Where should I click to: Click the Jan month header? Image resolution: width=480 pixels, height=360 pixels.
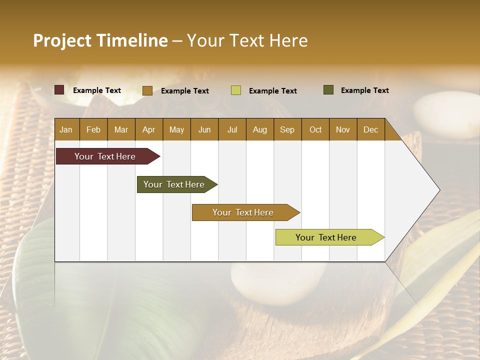[x=66, y=129]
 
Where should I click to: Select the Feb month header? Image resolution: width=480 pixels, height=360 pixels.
[x=93, y=129]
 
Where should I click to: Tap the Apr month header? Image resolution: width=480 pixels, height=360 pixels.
[x=148, y=129]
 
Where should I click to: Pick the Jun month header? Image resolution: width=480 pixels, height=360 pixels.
[x=204, y=129]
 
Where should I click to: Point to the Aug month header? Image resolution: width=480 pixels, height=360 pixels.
[x=259, y=129]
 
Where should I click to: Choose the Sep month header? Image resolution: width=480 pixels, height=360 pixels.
[x=287, y=129]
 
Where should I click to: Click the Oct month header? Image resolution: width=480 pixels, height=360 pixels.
[x=315, y=129]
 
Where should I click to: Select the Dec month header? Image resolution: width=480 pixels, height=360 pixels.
[x=370, y=129]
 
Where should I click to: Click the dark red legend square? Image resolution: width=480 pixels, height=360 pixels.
[x=59, y=90]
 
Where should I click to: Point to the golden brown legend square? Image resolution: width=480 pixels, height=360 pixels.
[x=147, y=90]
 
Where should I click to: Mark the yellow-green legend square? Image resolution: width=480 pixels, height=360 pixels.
[x=236, y=90]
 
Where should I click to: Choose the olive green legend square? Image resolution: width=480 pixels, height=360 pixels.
[x=328, y=90]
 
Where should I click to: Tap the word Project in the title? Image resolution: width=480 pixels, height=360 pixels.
[x=62, y=40]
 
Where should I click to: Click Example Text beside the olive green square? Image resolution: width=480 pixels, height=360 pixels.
[x=364, y=90]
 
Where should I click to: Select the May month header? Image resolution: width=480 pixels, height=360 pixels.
[x=176, y=129]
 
